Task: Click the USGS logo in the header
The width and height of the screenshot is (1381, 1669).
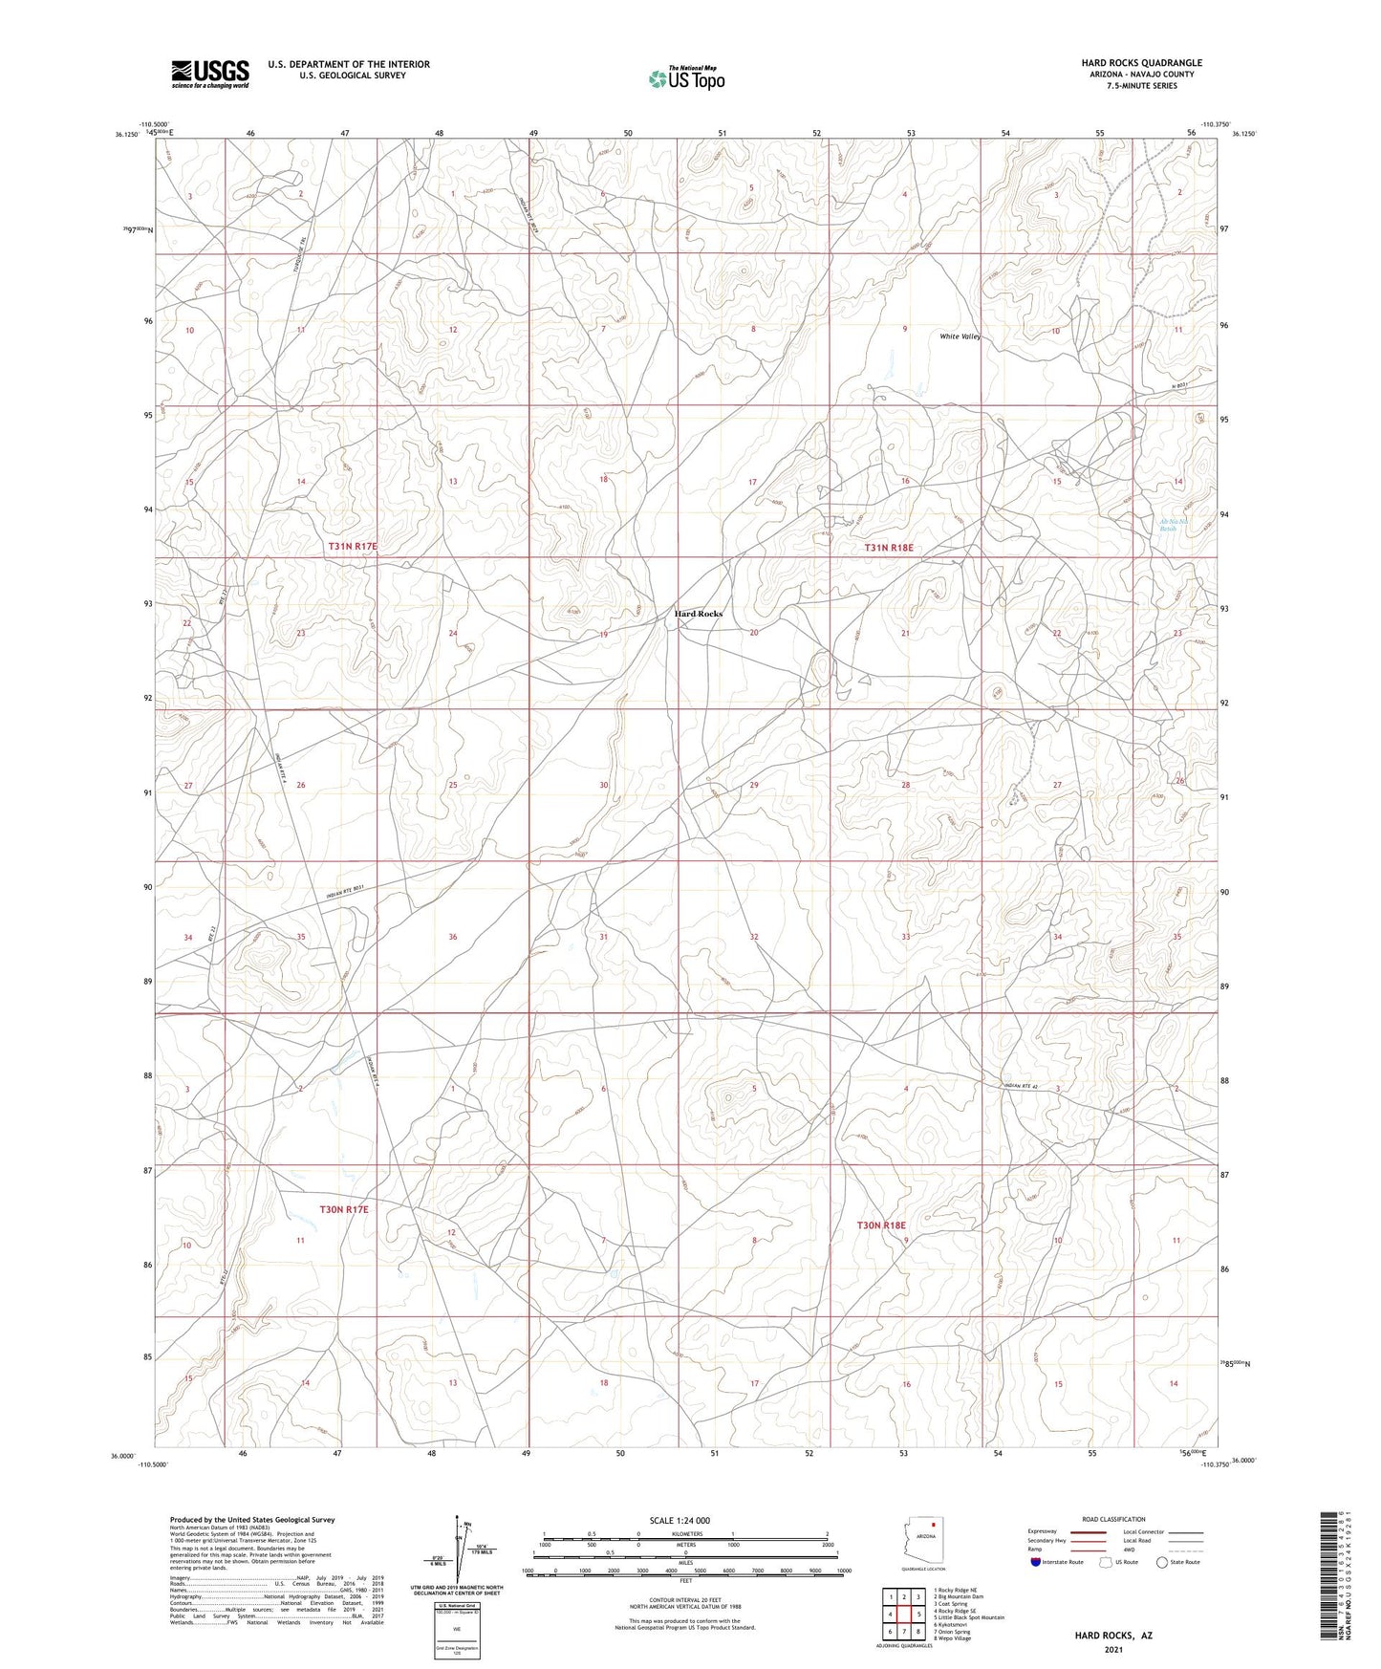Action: (210, 73)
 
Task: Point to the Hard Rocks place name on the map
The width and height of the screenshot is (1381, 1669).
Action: (699, 614)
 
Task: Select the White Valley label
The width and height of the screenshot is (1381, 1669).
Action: (960, 336)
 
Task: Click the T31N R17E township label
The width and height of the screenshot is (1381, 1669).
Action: (354, 546)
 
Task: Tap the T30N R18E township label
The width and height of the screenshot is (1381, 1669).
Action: (880, 1225)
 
